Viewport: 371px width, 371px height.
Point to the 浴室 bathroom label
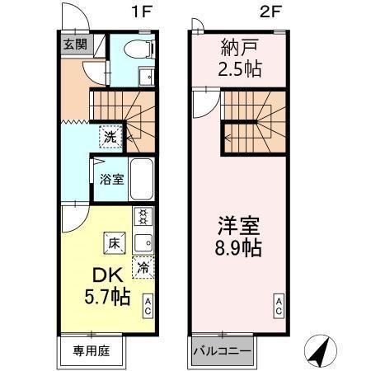click(112, 177)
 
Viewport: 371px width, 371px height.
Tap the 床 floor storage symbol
click(113, 242)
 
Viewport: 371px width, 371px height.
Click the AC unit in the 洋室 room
click(279, 306)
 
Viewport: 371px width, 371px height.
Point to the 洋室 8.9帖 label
click(238, 236)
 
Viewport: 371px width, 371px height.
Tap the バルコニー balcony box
click(221, 351)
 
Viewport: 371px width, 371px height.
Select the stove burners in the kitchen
click(143, 218)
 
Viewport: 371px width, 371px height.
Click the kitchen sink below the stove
click(143, 243)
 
